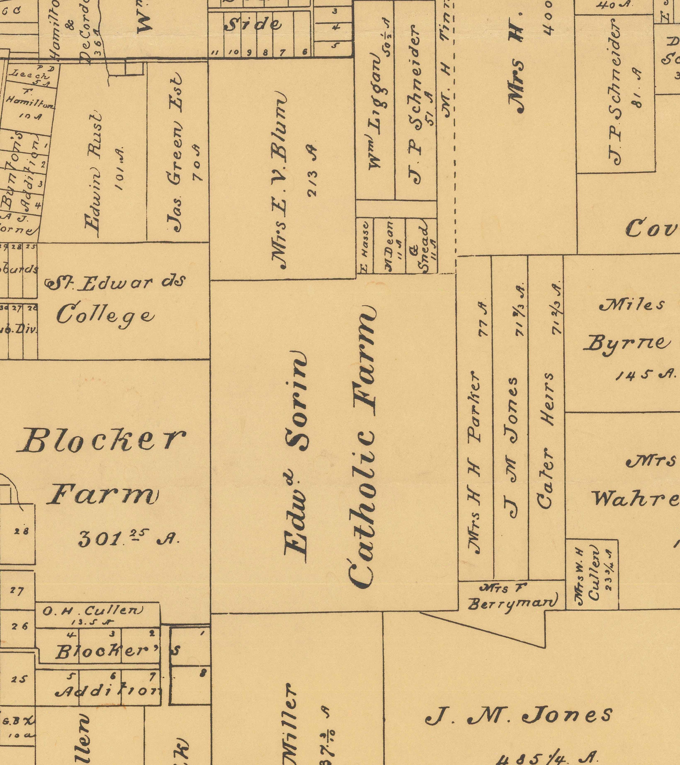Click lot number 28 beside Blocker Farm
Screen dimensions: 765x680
[x=22, y=531]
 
